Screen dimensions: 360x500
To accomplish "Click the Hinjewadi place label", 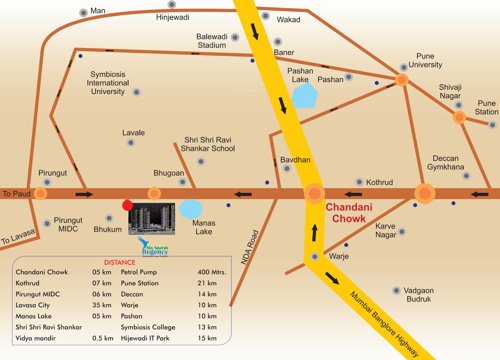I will (176, 18).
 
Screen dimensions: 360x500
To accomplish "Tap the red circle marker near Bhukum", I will (126, 205).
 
